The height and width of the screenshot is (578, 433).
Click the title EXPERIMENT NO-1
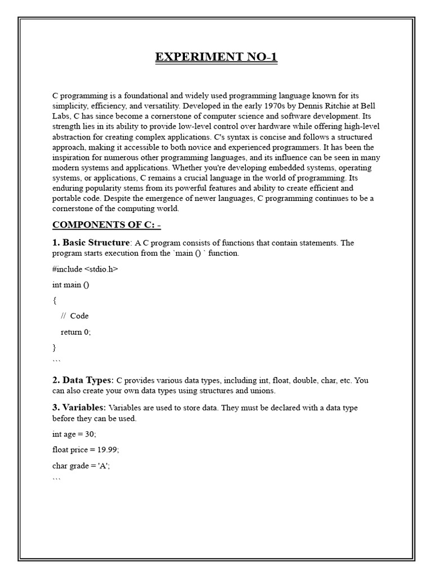point(216,57)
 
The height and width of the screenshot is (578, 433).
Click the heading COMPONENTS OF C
point(107,225)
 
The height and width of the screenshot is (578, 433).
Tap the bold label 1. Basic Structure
point(91,243)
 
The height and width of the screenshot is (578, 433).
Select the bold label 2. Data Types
point(83,380)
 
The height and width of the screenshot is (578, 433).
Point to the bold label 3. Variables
point(79,408)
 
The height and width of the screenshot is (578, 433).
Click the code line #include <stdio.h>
point(85,269)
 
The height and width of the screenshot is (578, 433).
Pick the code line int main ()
point(70,284)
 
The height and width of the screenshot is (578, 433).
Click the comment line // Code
point(74,316)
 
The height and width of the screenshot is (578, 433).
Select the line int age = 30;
point(74,434)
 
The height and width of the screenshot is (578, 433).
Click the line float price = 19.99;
point(86,450)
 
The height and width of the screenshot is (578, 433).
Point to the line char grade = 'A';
point(81,466)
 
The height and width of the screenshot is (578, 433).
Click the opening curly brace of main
point(54,300)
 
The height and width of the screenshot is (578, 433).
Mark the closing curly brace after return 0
point(54,347)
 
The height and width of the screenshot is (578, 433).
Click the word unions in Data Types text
point(262,390)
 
